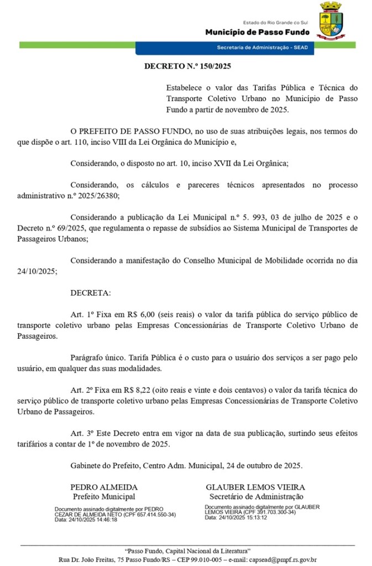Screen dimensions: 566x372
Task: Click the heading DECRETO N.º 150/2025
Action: coord(187,66)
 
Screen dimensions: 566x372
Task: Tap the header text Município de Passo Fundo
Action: coord(256,32)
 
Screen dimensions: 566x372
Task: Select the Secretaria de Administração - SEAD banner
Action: coord(262,48)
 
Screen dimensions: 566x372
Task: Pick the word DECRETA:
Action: coord(91,292)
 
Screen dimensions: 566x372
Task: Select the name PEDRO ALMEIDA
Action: coord(104,487)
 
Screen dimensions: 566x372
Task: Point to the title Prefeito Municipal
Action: coord(104,496)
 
